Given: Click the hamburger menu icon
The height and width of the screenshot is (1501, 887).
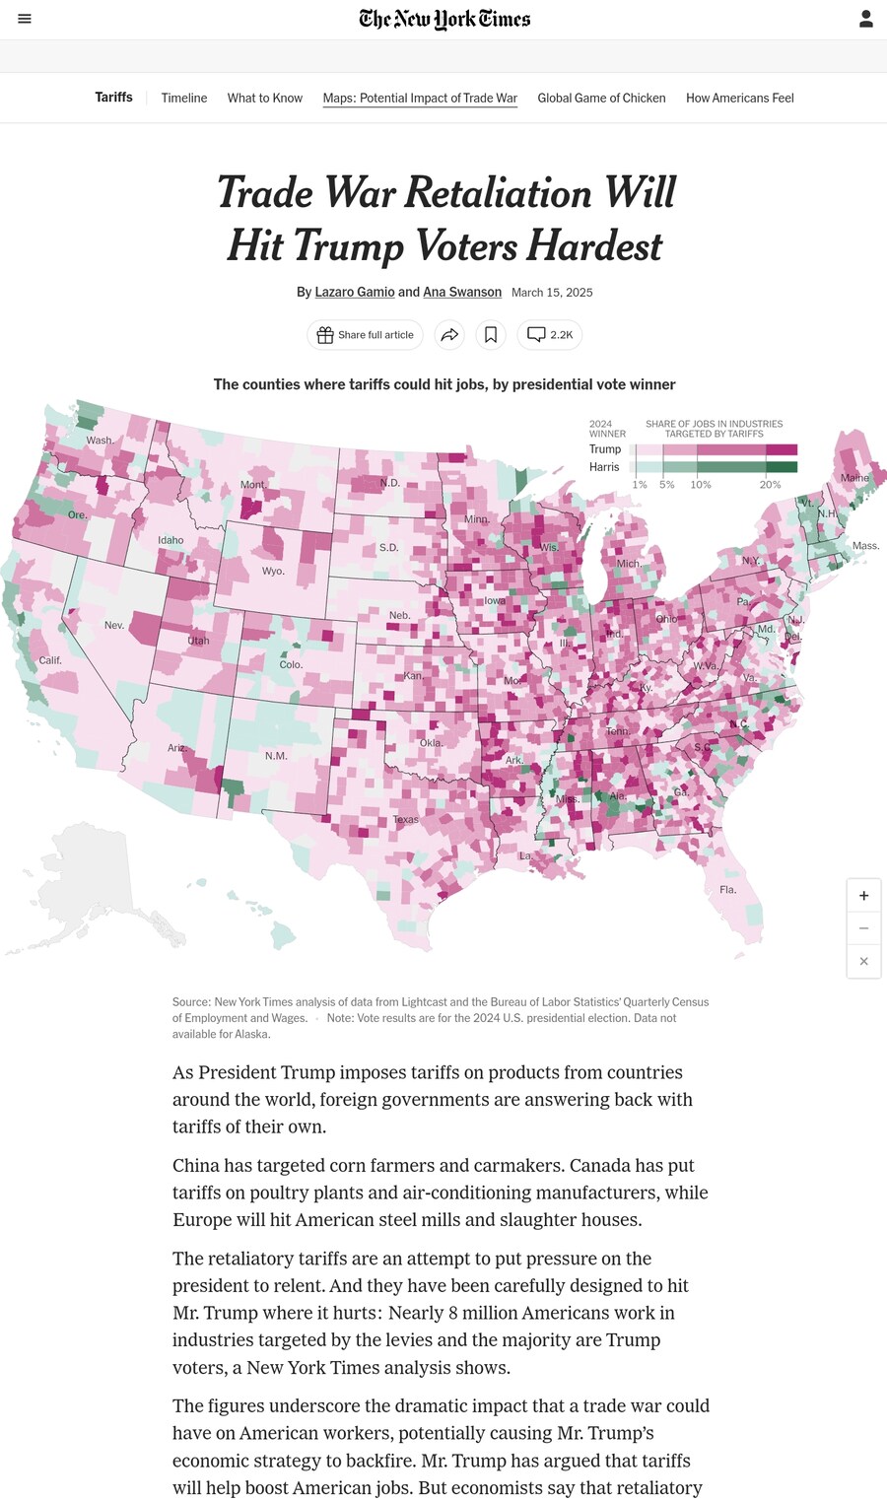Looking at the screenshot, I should (25, 19).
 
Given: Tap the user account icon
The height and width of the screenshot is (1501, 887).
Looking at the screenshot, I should (865, 19).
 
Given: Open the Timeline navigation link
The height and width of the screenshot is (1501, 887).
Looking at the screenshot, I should (184, 98).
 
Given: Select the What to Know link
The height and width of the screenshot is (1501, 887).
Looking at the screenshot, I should (264, 98).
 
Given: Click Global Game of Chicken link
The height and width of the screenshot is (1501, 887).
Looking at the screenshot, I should (601, 98).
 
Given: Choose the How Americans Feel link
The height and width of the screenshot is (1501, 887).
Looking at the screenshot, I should (739, 98).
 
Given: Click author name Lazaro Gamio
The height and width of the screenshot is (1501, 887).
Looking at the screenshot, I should (355, 292).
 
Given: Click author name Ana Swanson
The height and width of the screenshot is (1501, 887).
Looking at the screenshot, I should (462, 292).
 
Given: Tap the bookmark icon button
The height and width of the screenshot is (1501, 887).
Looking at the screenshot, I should (491, 335).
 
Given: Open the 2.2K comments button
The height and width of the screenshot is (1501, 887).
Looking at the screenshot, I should (549, 335).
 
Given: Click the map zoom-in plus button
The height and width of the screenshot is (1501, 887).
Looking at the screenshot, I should (863, 896).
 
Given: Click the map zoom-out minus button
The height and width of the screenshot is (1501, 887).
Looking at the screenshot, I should (863, 928).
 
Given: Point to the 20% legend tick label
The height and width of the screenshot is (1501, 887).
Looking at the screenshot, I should (770, 485).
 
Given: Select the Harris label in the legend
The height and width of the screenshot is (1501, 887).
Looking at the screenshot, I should (604, 467).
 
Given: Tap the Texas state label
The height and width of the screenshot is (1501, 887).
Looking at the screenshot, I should (405, 819).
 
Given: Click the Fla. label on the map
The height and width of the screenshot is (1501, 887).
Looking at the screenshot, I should (727, 889).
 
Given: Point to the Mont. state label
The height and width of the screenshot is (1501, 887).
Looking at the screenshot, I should (253, 485).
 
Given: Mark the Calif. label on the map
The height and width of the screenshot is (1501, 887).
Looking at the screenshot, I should (50, 660).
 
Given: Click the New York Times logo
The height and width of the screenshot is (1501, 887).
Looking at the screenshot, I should (444, 19).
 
